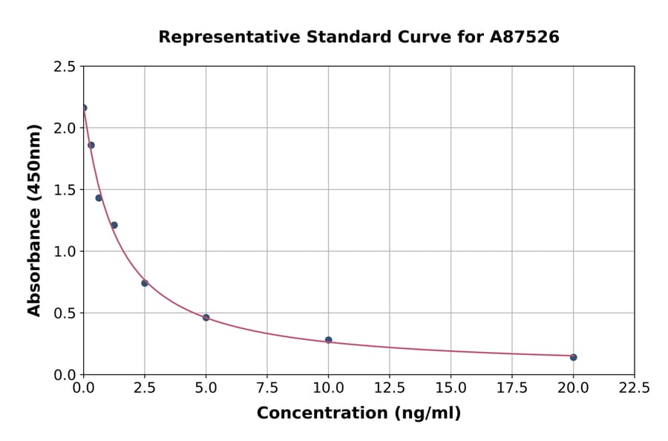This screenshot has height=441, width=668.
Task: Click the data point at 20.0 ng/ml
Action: pos(573,357)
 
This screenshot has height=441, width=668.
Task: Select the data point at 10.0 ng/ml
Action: pos(328,340)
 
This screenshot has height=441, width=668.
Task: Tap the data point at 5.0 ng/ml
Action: pos(206,318)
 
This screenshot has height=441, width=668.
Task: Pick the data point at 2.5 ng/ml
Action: pos(145,283)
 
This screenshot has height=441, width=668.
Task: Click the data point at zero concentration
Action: pos(84,108)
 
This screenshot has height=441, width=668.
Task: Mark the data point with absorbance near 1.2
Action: pos(114,225)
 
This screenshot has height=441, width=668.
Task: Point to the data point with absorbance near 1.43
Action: pos(99,198)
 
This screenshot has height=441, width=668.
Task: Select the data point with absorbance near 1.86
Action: pos(91,145)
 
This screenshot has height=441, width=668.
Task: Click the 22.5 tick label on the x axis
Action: pos(634,388)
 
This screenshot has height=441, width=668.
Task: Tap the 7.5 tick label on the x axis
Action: pos(267,388)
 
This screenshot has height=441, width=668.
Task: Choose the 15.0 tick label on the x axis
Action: pos(451,388)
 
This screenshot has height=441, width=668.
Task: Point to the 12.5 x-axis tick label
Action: pos(389,388)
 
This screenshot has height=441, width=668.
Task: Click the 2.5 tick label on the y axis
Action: pos(65,67)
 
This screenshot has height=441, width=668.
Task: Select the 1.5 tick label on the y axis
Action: pos(65,190)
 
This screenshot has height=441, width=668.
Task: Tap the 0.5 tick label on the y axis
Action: pos(65,313)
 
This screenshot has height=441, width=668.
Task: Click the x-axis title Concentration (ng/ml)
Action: pos(358,414)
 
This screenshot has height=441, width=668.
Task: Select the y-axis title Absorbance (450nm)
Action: pos(34,220)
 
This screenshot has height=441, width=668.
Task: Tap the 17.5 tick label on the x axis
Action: pos(511,388)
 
